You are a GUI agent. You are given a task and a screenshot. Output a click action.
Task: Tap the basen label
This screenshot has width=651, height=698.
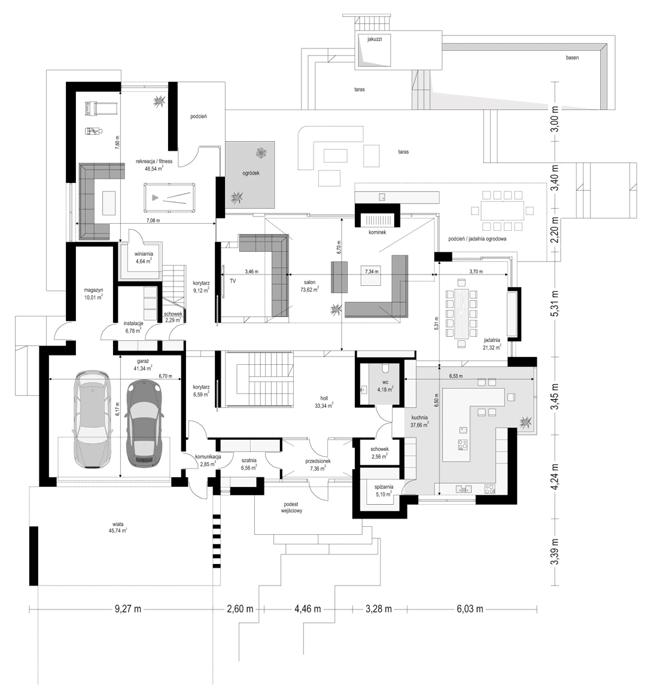click(x=572, y=58)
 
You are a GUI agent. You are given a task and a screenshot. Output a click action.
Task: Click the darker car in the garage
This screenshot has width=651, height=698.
click(x=144, y=423)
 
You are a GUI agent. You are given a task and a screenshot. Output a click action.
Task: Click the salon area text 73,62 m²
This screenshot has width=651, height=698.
click(x=309, y=288)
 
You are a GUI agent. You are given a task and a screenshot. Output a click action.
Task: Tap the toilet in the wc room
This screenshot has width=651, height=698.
click(x=386, y=368)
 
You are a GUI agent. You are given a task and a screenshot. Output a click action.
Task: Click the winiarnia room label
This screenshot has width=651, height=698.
click(x=144, y=254)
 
